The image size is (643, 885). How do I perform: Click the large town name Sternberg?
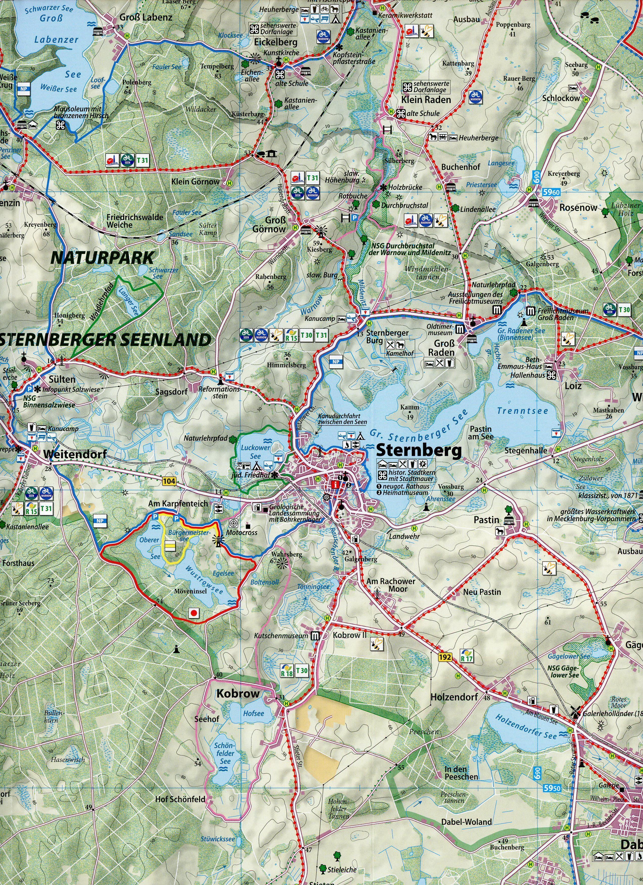418,451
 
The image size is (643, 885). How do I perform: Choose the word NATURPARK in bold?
103,258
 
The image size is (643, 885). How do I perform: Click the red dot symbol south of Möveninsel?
193,613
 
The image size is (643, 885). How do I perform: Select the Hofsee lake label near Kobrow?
254,713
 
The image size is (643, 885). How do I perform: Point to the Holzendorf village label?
454,697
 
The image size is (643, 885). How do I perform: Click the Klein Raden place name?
426,100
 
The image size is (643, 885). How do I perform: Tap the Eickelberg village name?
276,42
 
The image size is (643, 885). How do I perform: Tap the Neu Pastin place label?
482,592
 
